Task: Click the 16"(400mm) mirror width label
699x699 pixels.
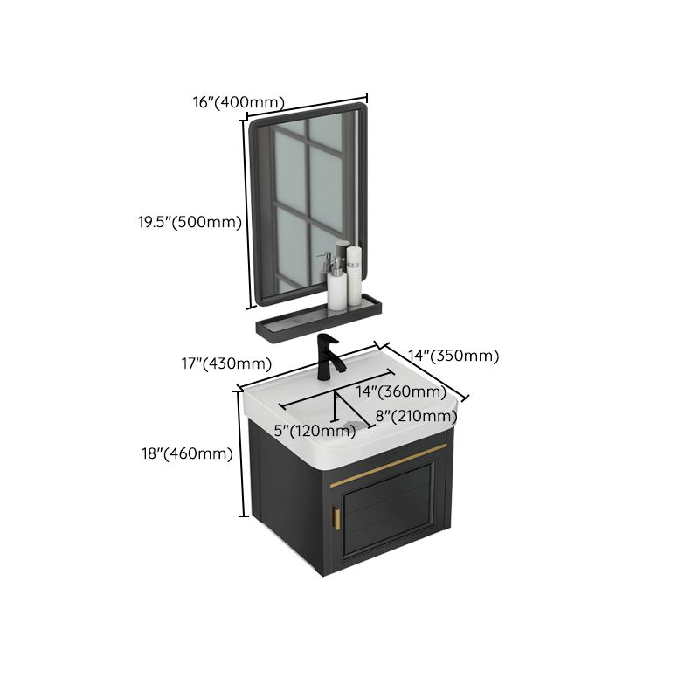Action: coord(239,102)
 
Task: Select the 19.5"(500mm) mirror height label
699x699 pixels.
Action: coord(189,222)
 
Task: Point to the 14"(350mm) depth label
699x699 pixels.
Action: coord(454,356)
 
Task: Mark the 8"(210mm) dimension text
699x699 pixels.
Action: coord(416,416)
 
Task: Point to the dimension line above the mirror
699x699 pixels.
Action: coord(306,106)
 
